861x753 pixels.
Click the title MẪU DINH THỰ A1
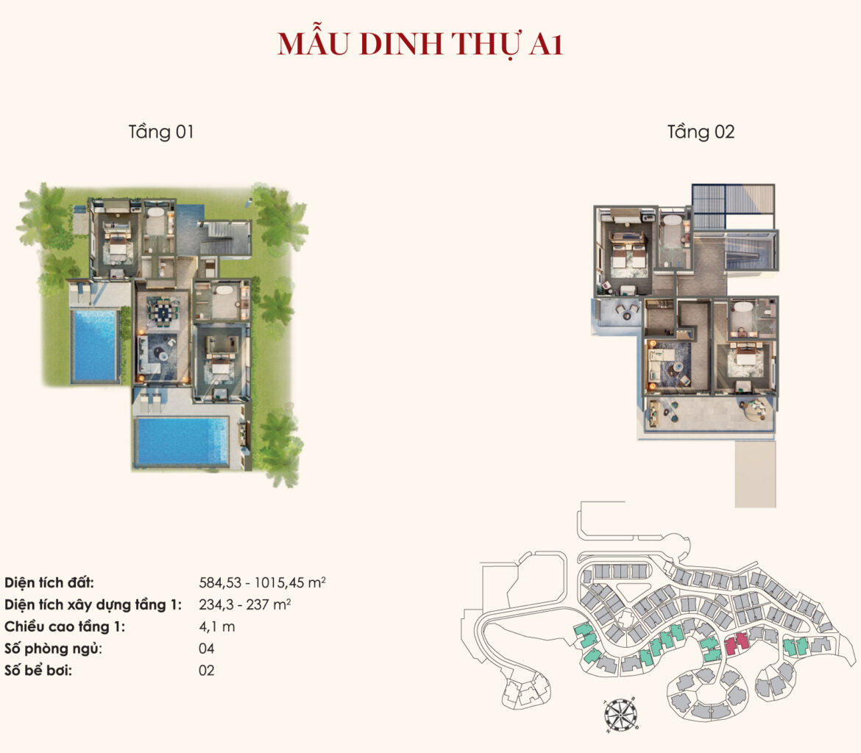click(420, 43)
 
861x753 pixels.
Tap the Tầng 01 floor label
click(161, 132)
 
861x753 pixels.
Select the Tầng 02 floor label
click(701, 132)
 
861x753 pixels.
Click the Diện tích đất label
click(49, 582)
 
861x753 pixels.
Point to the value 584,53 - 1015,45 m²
click(262, 582)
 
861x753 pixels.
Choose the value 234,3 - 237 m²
click(245, 604)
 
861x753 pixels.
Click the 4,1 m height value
click(217, 627)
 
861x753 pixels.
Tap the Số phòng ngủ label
click(53, 649)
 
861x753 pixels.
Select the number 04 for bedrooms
click(207, 649)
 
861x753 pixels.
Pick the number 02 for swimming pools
click(207, 671)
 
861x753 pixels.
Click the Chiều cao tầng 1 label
click(65, 627)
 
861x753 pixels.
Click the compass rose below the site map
click(621, 715)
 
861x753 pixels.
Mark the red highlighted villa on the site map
click(737, 643)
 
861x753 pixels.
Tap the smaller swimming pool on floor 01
click(94, 345)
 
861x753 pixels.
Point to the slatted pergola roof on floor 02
click(733, 207)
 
